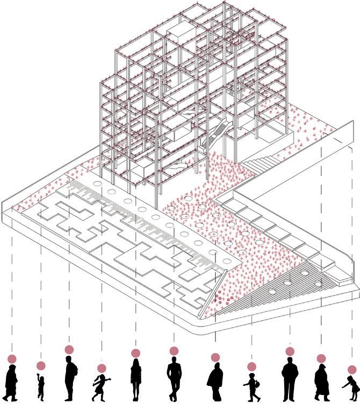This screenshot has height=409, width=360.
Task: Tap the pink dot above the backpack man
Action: click(x=69, y=350)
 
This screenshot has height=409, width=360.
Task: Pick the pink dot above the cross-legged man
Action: click(x=174, y=351)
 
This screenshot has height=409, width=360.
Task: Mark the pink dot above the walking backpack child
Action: click(x=251, y=367)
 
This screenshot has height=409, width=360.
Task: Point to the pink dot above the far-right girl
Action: click(x=352, y=369)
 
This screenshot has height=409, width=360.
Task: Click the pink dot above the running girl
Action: click(x=101, y=368)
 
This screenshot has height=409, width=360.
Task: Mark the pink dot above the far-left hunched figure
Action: click(x=12, y=359)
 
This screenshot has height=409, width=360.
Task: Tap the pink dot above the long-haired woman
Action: click(x=135, y=353)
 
